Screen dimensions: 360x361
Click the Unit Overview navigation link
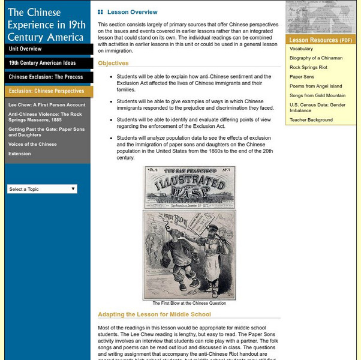(25, 49)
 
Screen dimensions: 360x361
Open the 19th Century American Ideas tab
(42, 62)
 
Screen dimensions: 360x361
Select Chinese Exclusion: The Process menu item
(46, 77)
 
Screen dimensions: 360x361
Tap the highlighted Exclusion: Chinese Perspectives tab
(46, 91)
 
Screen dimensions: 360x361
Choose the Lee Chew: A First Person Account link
(47, 105)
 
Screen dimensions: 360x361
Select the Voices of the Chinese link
(32, 145)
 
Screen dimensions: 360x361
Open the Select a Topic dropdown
(42, 189)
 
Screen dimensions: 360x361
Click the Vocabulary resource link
(301, 49)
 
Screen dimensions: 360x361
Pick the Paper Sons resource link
(302, 77)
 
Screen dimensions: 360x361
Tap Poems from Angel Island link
(316, 86)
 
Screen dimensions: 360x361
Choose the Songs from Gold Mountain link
(317, 95)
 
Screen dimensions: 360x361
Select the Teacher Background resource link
(311, 120)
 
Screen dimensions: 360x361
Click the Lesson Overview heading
(132, 12)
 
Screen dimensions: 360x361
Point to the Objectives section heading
(113, 63)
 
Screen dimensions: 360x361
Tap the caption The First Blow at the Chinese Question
(189, 304)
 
